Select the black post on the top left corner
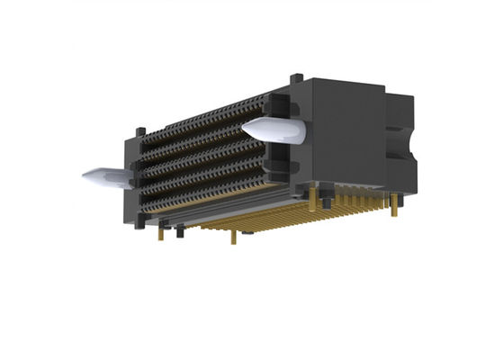(x=138, y=137)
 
